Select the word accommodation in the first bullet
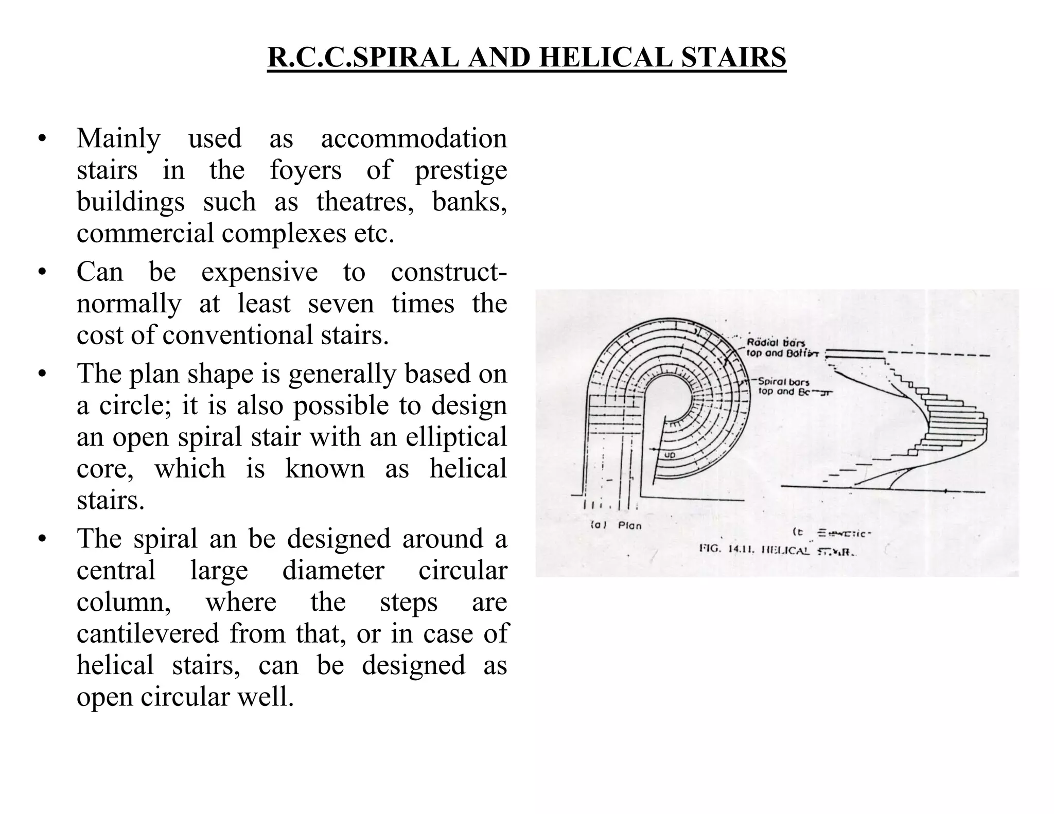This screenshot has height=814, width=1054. (x=414, y=138)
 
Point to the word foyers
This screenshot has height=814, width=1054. (x=306, y=170)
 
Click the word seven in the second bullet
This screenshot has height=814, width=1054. (x=341, y=303)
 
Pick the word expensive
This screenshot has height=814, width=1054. (x=259, y=272)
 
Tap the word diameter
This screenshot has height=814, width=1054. (x=333, y=570)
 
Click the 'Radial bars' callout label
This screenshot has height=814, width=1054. (x=776, y=343)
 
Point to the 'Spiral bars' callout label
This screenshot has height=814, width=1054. (x=783, y=382)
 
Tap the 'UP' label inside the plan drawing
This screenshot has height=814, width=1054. (x=670, y=455)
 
